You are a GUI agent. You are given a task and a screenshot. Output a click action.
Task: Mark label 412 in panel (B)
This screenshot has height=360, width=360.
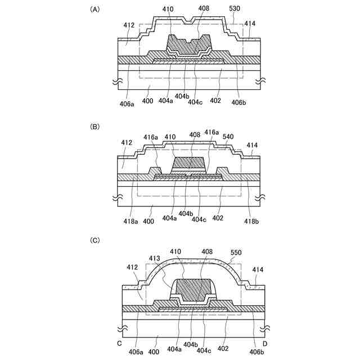tap(127, 143)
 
